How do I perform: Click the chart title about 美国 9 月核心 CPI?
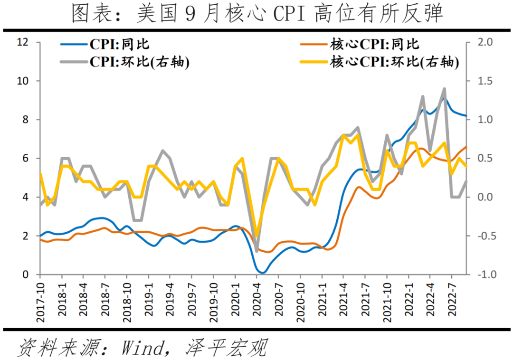click(x=257, y=14)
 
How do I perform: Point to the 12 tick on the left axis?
click(x=23, y=42)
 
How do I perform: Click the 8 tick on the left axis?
click(x=26, y=120)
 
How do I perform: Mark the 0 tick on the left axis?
click(x=26, y=275)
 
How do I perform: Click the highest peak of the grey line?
click(x=445, y=89)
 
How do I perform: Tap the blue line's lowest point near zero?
click(x=263, y=273)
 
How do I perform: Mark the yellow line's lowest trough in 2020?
click(x=257, y=236)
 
